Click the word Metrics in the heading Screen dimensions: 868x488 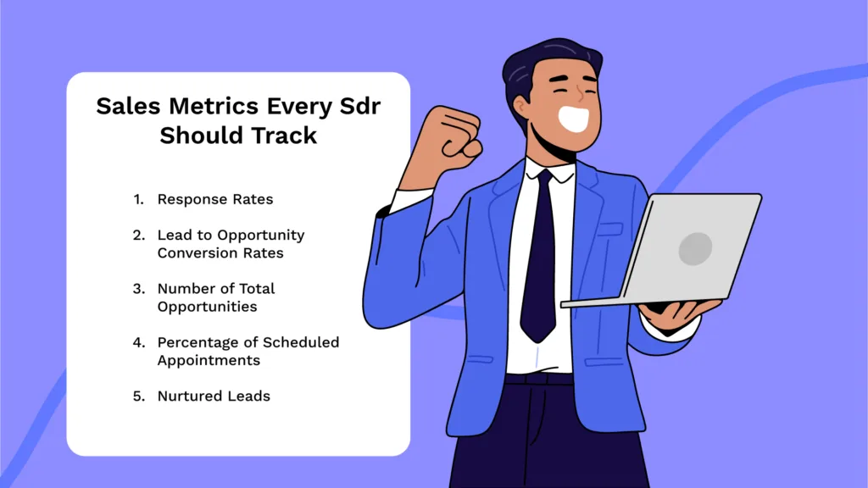coord(214,106)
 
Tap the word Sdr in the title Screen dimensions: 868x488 coord(360,106)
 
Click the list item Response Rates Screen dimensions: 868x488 coord(215,199)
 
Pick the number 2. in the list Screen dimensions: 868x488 coord(139,236)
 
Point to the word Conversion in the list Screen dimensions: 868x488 coord(191,252)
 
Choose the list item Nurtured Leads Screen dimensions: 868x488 coord(214,396)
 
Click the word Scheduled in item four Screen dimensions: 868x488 coord(301,342)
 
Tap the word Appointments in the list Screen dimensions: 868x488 coord(209,361)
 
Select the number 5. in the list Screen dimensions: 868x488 coord(139,396)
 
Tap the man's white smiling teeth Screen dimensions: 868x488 coord(574,118)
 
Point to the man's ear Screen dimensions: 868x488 coord(521,106)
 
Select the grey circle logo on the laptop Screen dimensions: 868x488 coord(695,248)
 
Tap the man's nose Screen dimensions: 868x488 coord(580,92)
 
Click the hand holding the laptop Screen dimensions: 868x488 coord(678,313)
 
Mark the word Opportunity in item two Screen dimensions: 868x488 coord(261,236)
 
